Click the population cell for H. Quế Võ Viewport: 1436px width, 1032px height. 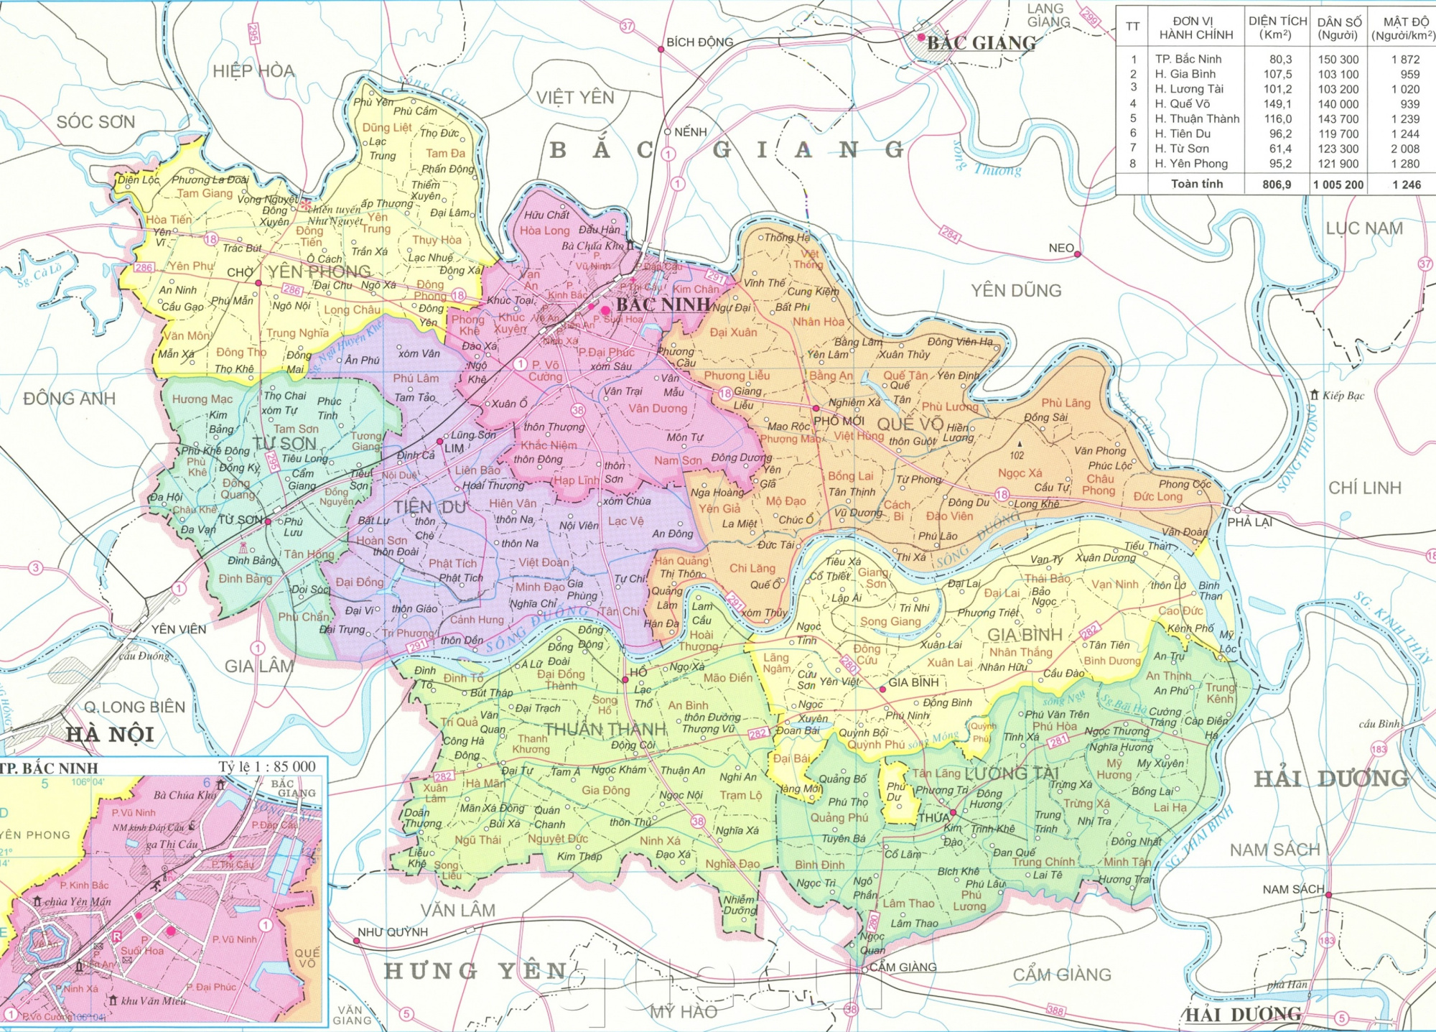click(1338, 104)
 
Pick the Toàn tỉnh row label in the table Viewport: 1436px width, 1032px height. click(1196, 184)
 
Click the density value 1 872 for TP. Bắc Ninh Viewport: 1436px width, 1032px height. click(1405, 60)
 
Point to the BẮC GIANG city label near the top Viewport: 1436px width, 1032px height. click(981, 43)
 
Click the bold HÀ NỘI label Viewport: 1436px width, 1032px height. click(110, 735)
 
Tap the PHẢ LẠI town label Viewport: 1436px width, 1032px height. click(1249, 522)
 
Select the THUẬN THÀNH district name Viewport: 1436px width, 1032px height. click(605, 730)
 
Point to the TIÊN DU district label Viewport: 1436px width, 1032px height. click(429, 507)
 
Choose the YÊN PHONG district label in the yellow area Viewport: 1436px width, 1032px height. click(320, 271)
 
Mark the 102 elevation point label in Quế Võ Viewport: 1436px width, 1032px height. click(1017, 455)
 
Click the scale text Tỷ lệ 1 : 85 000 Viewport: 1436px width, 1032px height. click(267, 766)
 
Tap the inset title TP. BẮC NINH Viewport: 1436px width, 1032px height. click(50, 768)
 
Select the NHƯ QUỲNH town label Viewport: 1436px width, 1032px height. click(392, 932)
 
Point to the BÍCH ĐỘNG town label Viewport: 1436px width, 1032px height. click(699, 42)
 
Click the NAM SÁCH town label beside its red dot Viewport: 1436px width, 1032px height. click(1292, 889)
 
